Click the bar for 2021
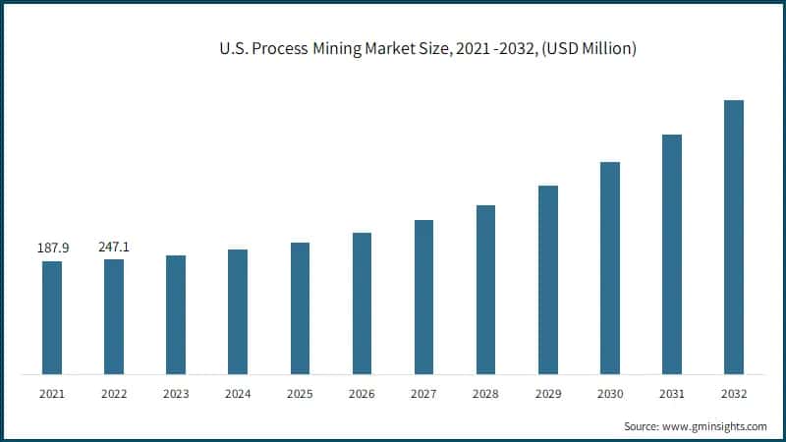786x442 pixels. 51,317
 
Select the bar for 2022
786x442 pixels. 114,316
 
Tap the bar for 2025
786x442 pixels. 300,308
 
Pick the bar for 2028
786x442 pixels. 485,290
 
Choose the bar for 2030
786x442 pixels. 609,268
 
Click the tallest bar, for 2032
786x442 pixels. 733,237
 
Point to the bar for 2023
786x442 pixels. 176,314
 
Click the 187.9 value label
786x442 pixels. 51,249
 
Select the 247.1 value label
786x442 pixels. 113,247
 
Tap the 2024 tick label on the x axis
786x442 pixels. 238,394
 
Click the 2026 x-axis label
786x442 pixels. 362,394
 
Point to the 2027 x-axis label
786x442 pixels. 423,394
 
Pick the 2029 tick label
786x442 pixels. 547,394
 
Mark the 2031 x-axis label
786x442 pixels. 671,394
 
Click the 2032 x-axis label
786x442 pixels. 733,394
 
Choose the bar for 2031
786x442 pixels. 671,254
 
